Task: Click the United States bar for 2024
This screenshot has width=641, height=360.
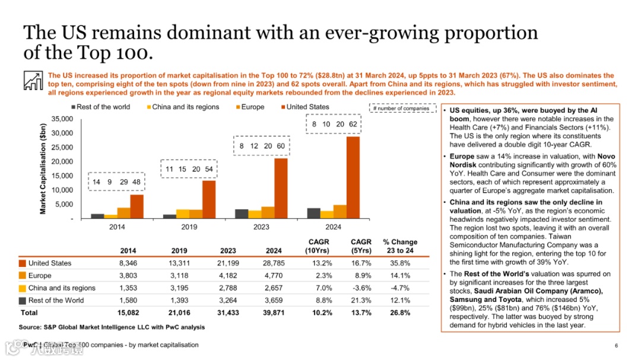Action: (353, 177)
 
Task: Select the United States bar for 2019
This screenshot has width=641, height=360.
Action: (208, 199)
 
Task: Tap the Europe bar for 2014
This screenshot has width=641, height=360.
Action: (123, 213)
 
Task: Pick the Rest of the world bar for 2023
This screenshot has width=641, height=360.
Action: (242, 214)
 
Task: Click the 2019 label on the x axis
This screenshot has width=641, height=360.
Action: (188, 227)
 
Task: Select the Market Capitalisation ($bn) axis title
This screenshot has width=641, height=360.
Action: (43, 169)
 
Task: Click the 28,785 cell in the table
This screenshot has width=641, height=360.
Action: (274, 263)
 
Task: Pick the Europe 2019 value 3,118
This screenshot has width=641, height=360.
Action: (179, 276)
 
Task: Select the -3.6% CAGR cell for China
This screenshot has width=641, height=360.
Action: (361, 288)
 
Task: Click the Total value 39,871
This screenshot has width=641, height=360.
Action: (274, 313)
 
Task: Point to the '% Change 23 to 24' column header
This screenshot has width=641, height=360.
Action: (400, 246)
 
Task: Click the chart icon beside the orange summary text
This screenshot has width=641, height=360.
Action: (33, 80)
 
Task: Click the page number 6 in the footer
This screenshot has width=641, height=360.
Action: (616, 346)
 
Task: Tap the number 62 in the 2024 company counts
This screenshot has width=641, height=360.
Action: (353, 125)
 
